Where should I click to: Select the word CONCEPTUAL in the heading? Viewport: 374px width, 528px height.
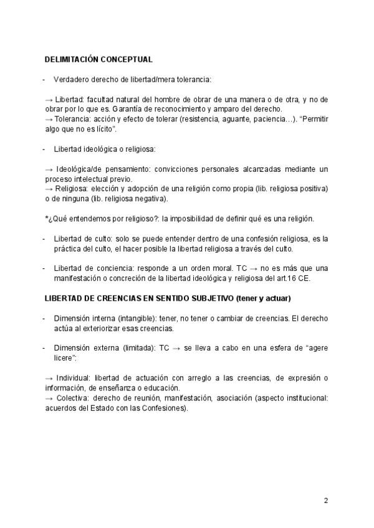(x=127, y=60)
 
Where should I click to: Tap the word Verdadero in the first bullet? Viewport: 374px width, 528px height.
(x=73, y=80)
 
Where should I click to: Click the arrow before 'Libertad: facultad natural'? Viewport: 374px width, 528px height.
(x=49, y=100)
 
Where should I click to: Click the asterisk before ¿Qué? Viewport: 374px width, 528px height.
(x=47, y=219)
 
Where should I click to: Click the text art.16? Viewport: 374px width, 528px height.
(x=294, y=278)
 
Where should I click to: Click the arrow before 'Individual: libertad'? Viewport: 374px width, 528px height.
(x=49, y=379)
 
